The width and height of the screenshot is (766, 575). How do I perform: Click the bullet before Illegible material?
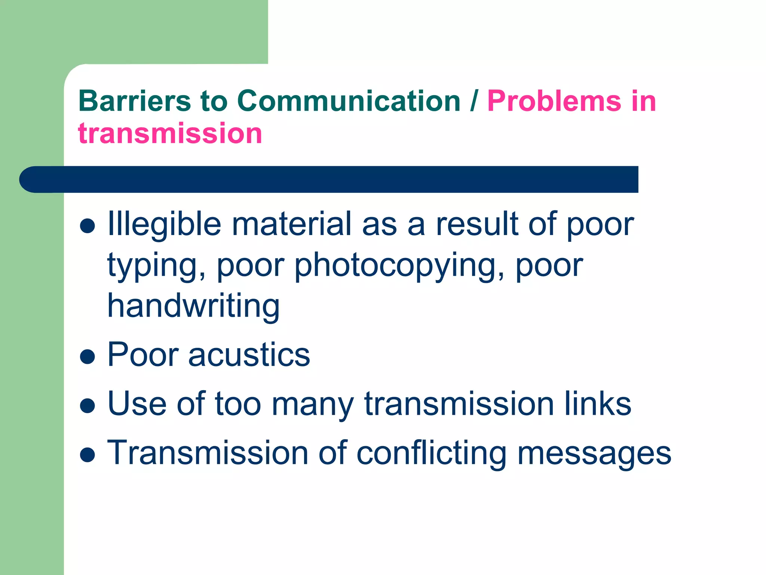[88, 226]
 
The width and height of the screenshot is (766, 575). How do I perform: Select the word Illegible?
[165, 225]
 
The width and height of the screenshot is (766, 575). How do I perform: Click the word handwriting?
[193, 306]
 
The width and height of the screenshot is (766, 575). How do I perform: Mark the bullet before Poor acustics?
[88, 356]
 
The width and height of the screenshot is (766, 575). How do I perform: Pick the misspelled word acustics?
[249, 355]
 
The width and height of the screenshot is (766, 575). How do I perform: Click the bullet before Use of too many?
[88, 405]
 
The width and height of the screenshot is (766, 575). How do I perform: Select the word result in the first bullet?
[477, 225]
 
